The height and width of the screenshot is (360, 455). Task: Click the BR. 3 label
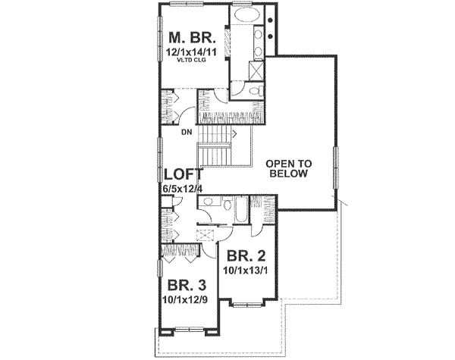pyautogui.click(x=184, y=287)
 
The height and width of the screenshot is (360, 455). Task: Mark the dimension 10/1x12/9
pyautogui.click(x=184, y=300)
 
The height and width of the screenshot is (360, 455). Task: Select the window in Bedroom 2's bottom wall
pyautogui.click(x=246, y=306)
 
